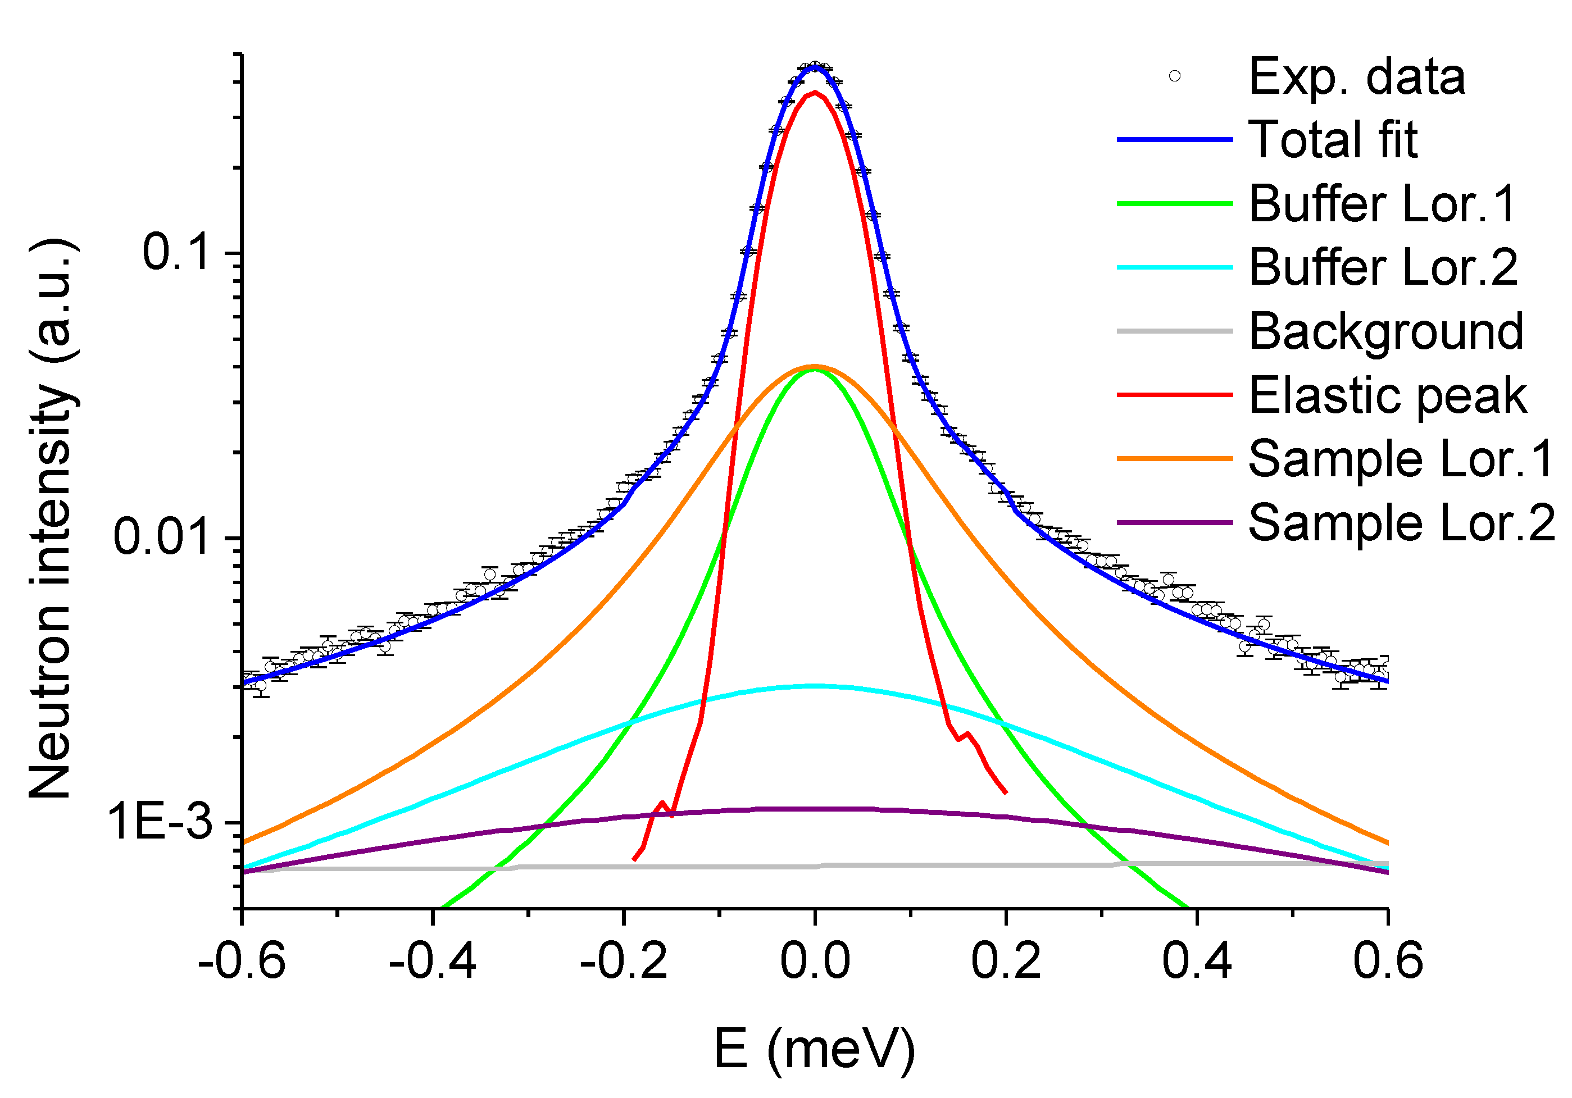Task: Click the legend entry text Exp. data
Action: point(1356,77)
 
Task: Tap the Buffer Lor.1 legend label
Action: point(1382,204)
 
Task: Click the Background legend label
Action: point(1386,331)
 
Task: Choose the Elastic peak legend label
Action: point(1387,395)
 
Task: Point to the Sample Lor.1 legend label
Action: point(1401,459)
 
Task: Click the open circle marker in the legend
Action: point(1175,76)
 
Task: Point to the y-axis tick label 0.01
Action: point(161,537)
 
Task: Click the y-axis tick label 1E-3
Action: point(160,822)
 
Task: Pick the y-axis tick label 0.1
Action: point(175,252)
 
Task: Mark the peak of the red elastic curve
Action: point(815,93)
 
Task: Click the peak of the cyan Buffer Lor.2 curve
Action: point(815,685)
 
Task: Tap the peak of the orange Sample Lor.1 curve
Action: point(815,366)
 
